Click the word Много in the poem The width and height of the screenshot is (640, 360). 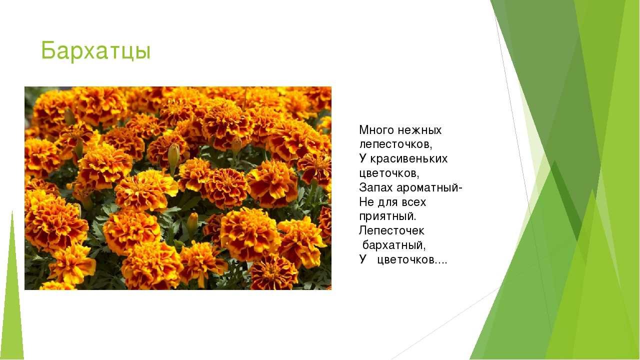(x=376, y=130)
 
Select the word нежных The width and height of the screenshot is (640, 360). (x=419, y=130)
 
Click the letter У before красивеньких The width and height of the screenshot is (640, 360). (x=363, y=158)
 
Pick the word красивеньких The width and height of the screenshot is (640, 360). (x=409, y=159)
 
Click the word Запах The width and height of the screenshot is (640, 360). (x=375, y=188)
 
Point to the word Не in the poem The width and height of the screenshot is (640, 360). (x=366, y=202)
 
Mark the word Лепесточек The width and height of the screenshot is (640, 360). (x=391, y=231)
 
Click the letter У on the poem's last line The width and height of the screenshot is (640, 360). (x=363, y=259)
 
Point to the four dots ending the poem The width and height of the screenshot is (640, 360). (x=440, y=263)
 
